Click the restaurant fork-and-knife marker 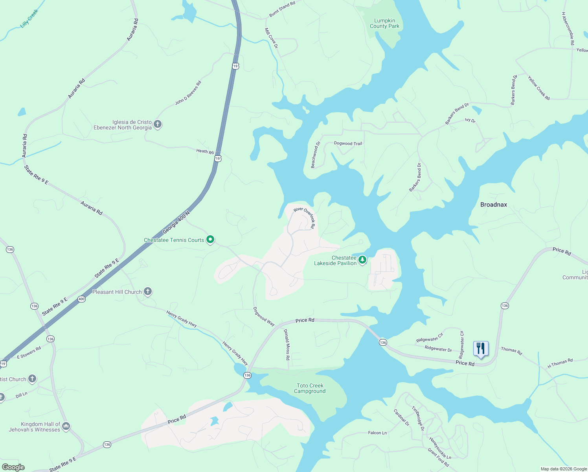(x=481, y=348)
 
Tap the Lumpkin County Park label (x=384, y=24)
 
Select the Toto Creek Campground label (x=310, y=388)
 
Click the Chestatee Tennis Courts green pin (x=210, y=239)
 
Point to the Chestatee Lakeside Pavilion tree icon (x=362, y=260)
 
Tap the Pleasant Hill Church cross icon (x=148, y=291)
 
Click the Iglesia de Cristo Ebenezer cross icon (x=158, y=124)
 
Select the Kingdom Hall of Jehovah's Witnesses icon (x=66, y=426)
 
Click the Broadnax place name (x=493, y=205)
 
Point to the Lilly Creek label (x=29, y=19)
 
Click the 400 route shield (x=81, y=299)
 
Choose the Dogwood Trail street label (x=348, y=144)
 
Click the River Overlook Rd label (x=305, y=217)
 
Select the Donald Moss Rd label (x=287, y=345)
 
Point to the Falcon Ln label (x=377, y=433)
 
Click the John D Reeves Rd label (x=188, y=93)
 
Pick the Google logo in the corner (x=13, y=467)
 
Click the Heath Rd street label (x=205, y=151)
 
